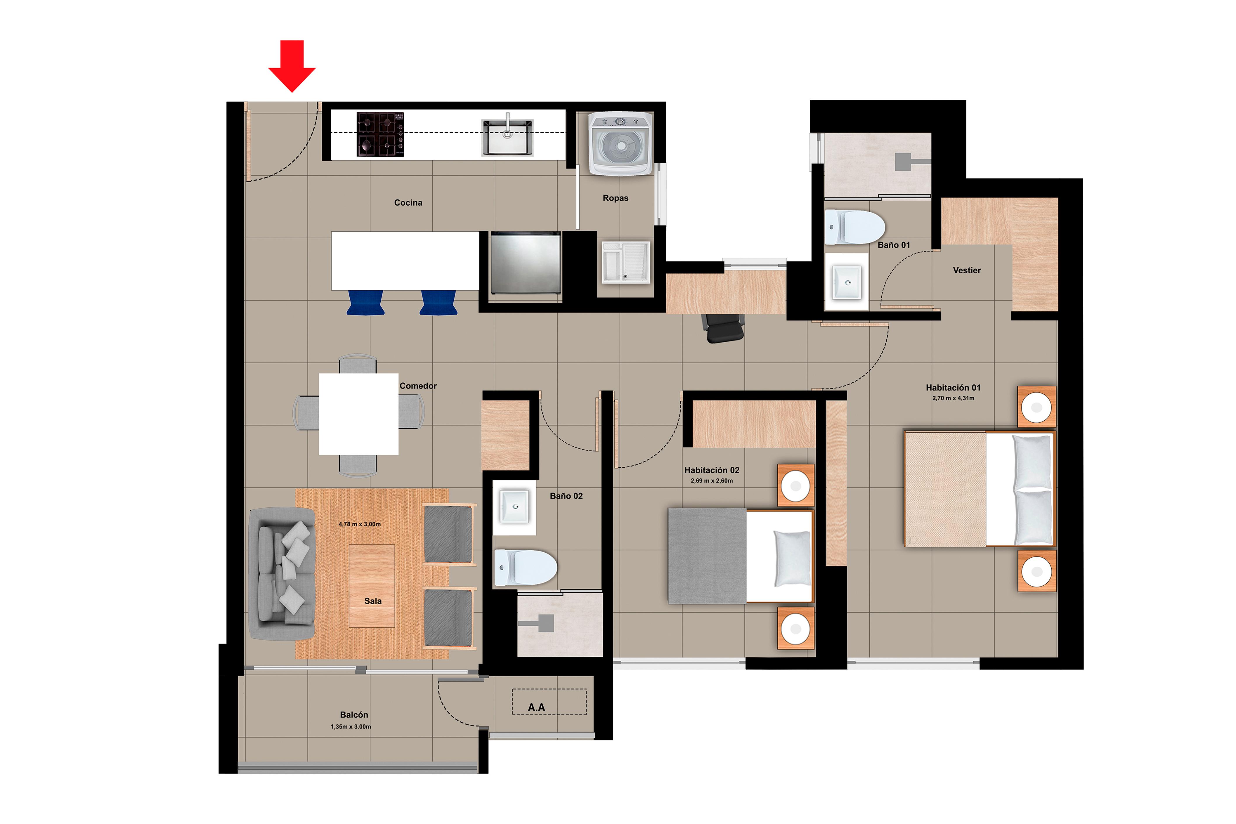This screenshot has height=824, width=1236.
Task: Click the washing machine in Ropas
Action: tap(620, 143)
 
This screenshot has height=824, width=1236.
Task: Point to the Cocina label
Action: tap(408, 203)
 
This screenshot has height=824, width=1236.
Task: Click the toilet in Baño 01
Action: tap(854, 227)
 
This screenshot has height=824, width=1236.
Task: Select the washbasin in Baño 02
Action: tap(514, 506)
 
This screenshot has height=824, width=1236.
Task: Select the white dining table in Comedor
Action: tap(358, 414)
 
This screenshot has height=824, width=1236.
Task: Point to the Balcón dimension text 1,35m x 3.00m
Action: tap(351, 727)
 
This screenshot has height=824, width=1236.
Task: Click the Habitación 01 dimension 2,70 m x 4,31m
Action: tap(953, 398)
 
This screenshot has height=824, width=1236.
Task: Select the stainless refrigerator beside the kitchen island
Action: tap(525, 263)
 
